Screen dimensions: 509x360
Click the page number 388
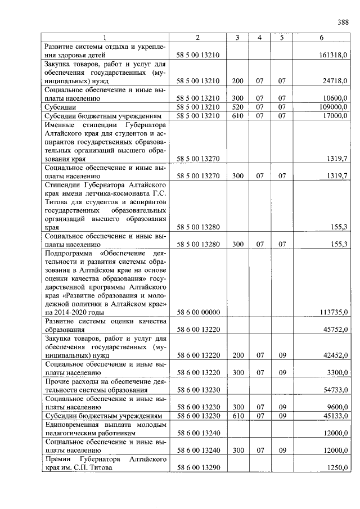[343, 22]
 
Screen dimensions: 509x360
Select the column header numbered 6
[321, 38]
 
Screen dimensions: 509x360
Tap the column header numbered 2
[197, 38]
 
